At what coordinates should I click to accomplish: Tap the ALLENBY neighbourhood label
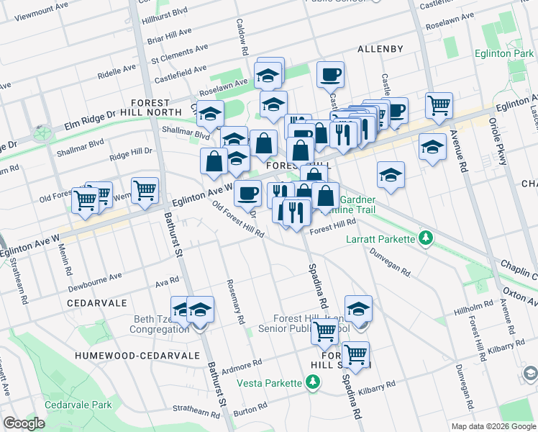point(380,49)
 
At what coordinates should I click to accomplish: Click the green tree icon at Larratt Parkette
point(426,238)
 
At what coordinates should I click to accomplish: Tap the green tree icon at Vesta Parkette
point(312,382)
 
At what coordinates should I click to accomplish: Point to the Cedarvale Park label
point(78,405)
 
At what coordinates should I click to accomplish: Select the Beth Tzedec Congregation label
point(149,324)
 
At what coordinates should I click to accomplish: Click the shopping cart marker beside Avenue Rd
point(438,106)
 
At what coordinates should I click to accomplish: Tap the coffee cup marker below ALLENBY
point(330,74)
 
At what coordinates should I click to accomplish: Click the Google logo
point(24,423)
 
